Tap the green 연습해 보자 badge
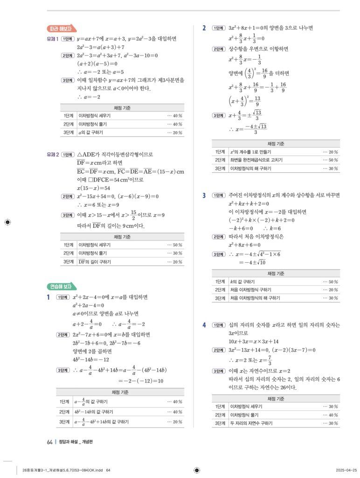pyautogui.click(x=62, y=286)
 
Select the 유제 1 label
pyautogui.click(x=52, y=39)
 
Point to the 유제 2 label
pyautogui.click(x=52, y=154)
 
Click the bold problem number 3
pyautogui.click(x=204, y=195)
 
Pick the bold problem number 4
pyautogui.click(x=204, y=325)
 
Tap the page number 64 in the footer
pyautogui.click(x=49, y=442)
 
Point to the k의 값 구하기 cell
pyautogui.click(x=242, y=282)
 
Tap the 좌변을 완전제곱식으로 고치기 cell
pyautogui.click(x=256, y=160)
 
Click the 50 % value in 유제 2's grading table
pyautogui.click(x=175, y=245)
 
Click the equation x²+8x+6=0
pyautogui.click(x=244, y=245)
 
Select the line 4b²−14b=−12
pyautogui.click(x=90, y=359)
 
